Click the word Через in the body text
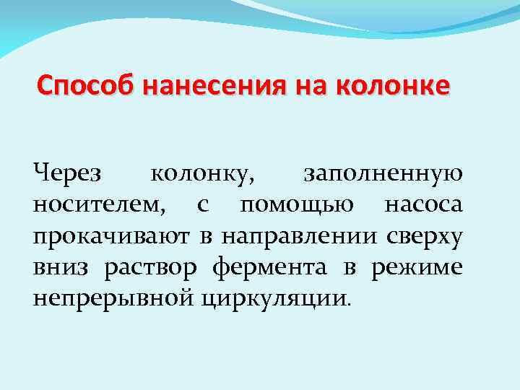[x=69, y=174]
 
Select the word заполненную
[x=383, y=175]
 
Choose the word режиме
[x=417, y=268]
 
